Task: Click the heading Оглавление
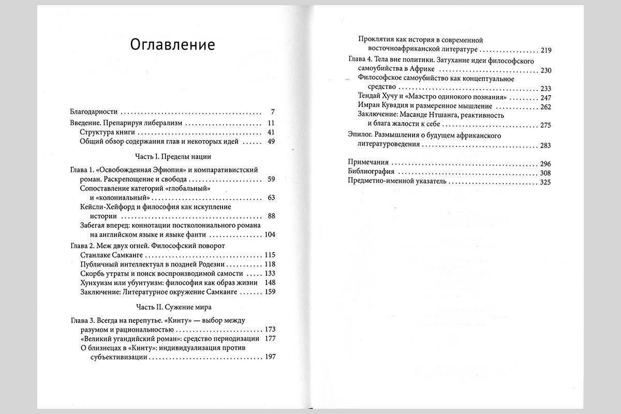[x=172, y=45]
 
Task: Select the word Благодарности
[x=94, y=112]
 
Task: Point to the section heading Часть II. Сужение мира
[x=171, y=306]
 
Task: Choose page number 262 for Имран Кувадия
[x=546, y=107]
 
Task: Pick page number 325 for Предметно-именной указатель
[x=546, y=182]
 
